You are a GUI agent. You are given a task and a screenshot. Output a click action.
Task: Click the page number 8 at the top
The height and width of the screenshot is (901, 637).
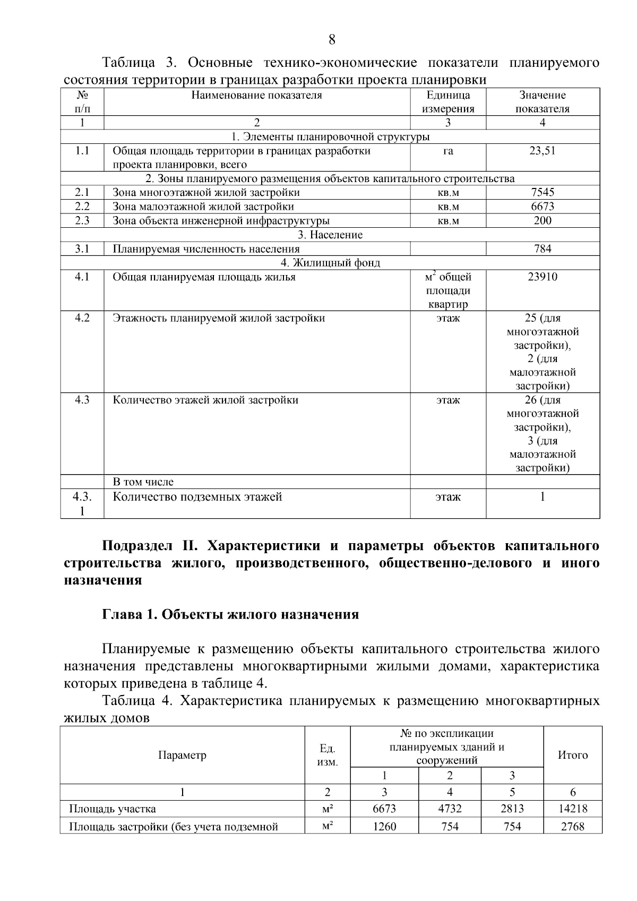click(332, 40)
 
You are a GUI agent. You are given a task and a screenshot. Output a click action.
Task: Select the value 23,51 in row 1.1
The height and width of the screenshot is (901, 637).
click(542, 151)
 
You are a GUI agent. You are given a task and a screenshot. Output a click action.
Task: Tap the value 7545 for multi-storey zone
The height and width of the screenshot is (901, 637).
click(542, 192)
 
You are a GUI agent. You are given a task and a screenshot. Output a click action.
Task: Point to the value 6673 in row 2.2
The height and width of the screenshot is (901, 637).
click(542, 207)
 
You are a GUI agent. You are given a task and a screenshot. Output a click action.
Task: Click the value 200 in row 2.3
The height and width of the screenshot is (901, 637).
click(542, 220)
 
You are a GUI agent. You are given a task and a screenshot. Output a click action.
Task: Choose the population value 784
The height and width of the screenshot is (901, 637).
click(542, 248)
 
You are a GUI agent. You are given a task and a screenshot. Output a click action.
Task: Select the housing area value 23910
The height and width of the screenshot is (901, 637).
click(542, 277)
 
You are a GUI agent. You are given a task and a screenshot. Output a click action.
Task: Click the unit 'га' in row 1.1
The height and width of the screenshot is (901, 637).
click(447, 151)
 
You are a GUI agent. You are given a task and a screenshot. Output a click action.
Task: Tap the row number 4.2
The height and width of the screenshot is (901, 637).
click(82, 318)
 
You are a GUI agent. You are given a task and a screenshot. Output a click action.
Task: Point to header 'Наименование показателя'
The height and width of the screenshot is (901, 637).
click(256, 96)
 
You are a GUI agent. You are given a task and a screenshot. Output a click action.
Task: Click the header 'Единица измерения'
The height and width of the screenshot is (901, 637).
click(447, 102)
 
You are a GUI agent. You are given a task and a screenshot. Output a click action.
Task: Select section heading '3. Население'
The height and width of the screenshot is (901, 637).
click(330, 235)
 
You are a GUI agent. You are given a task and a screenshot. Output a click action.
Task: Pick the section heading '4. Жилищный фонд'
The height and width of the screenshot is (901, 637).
click(330, 263)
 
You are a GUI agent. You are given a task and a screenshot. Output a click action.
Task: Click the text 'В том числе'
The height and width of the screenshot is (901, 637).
click(143, 482)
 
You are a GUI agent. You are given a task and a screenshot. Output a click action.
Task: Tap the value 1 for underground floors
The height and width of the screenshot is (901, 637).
click(542, 497)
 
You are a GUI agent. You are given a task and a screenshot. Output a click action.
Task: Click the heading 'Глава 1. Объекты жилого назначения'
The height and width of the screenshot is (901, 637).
click(230, 615)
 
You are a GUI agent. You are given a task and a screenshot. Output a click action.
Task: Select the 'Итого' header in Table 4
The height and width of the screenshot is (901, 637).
click(572, 755)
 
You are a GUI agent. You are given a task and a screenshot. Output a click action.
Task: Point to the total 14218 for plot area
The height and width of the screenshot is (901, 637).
click(572, 809)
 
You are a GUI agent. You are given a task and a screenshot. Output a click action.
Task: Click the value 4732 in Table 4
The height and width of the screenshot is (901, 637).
click(449, 809)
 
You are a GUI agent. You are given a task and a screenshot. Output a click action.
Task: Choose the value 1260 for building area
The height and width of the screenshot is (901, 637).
click(384, 827)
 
